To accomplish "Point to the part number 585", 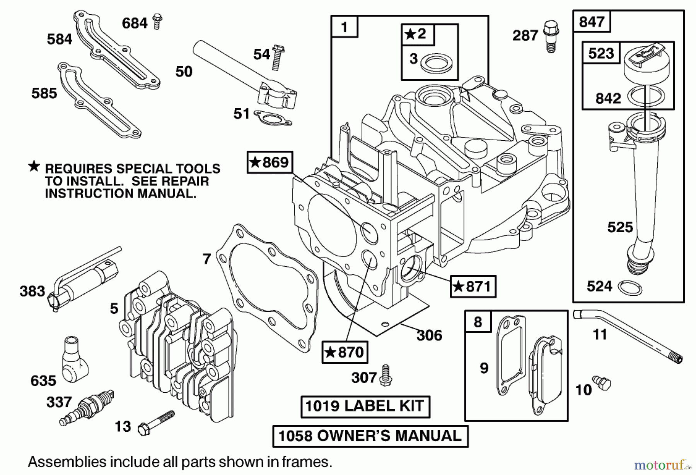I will click(x=44, y=94).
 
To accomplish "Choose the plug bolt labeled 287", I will click(x=551, y=36).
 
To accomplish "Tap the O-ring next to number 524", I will click(x=630, y=288).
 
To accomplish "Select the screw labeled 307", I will click(x=385, y=376).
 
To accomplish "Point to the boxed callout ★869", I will click(x=270, y=162).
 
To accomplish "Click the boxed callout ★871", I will click(x=473, y=287).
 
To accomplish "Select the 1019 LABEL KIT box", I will click(x=365, y=406).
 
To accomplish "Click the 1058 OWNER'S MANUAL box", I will click(x=370, y=436).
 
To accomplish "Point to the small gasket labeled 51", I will click(x=273, y=117).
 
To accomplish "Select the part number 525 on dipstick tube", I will click(x=620, y=227).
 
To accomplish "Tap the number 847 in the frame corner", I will click(x=592, y=22).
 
